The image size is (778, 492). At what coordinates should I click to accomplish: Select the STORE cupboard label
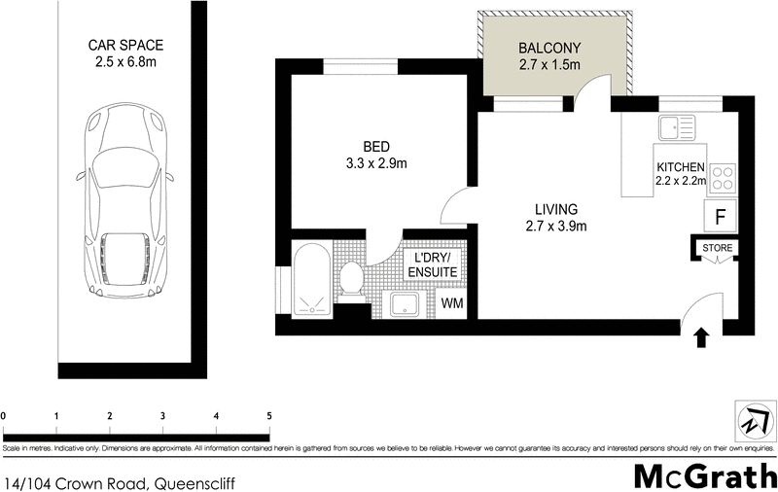[x=718, y=249]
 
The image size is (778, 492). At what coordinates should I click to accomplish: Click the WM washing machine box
[x=452, y=303]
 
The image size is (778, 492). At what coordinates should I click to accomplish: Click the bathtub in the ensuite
[x=312, y=280]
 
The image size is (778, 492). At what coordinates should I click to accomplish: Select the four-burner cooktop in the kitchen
[x=723, y=178]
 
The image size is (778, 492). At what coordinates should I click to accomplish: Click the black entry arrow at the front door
[x=702, y=337]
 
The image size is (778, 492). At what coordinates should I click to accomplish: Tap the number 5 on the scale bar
[x=268, y=416]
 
